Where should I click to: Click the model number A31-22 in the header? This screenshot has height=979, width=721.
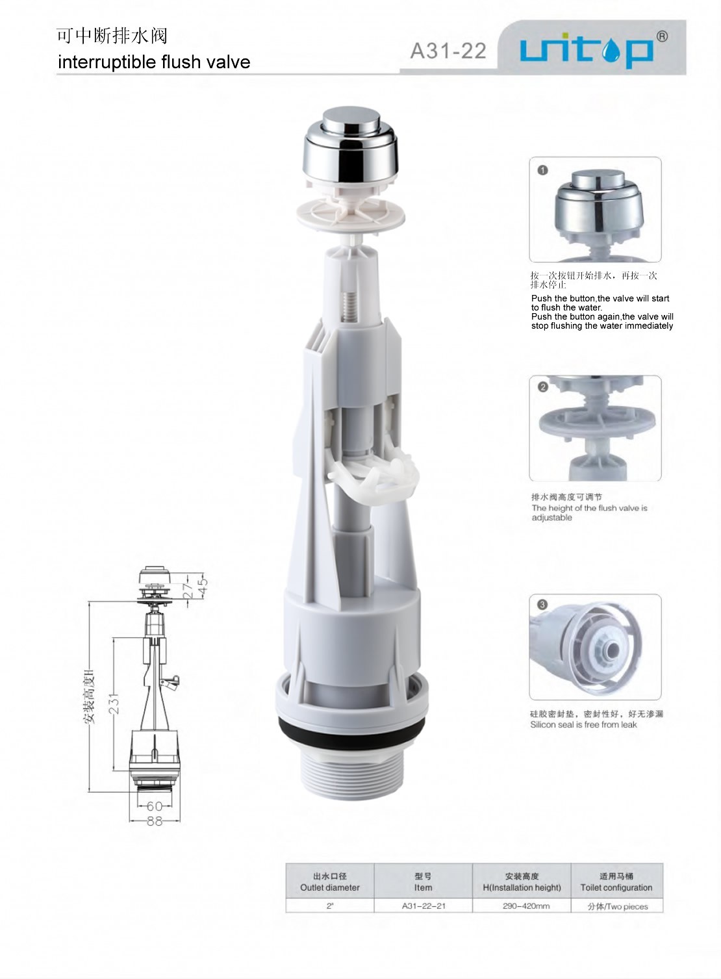coord(448,51)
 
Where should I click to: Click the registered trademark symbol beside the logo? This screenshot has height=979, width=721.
coord(662,36)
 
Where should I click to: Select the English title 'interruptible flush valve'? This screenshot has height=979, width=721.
coord(154,62)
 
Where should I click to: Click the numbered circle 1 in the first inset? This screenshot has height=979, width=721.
coord(542,170)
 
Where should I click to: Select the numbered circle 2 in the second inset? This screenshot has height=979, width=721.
coord(543,387)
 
